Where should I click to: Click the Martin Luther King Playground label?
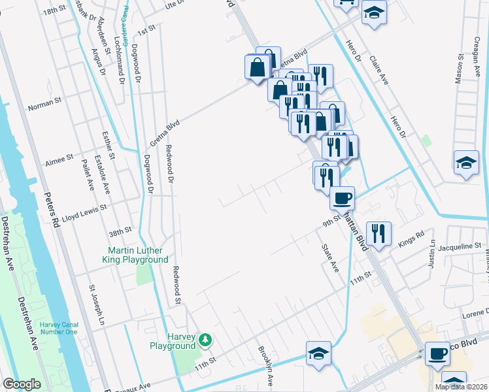pyautogui.click(x=139, y=255)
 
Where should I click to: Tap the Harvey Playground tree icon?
pyautogui.click(x=206, y=339)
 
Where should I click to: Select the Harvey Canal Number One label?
pyautogui.click(x=58, y=329)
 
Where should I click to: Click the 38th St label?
pyautogui.click(x=120, y=231)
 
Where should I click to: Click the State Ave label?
pyautogui.click(x=329, y=258)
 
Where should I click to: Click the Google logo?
pyautogui.click(x=22, y=384)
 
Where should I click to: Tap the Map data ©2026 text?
pyautogui.click(x=461, y=387)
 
